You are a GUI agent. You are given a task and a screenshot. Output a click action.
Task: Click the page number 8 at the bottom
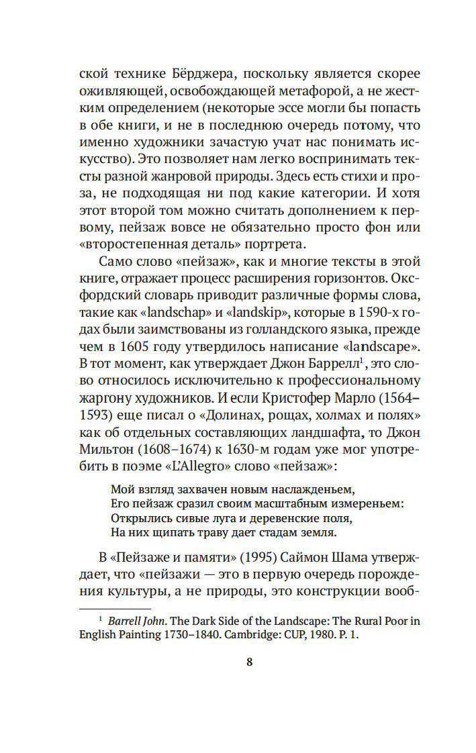pyautogui.click(x=249, y=662)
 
